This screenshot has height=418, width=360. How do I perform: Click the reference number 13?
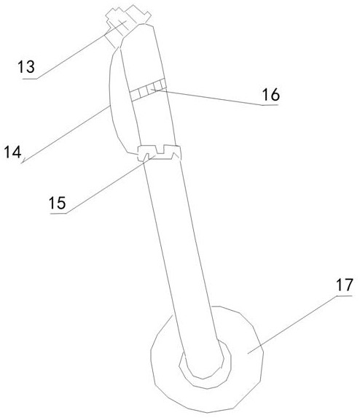coord(26,67)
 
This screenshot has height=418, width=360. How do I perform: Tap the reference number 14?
coord(12,152)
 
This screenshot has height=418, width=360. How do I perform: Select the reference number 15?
coord(58,203)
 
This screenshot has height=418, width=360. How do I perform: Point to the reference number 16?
coord(271,95)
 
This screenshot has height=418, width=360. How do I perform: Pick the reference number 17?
coord(344,285)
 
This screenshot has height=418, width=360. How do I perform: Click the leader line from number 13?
coord(81,50)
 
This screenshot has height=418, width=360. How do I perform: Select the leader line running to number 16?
coord(207,97)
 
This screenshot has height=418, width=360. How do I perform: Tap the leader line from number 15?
coord(110,185)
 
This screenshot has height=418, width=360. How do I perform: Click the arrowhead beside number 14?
coord(23,160)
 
